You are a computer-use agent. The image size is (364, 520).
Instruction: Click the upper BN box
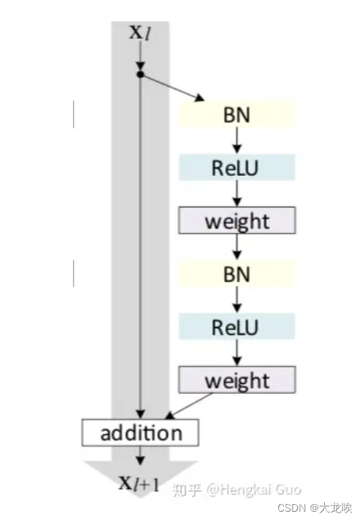tap(237, 115)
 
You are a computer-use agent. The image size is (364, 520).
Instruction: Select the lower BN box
tap(237, 274)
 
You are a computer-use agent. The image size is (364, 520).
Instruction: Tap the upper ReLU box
tap(237, 168)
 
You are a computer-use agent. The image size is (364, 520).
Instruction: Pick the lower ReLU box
tap(237, 327)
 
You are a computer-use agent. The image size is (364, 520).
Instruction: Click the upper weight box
tap(237, 220)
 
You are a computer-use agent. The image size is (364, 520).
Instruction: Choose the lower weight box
tap(237, 379)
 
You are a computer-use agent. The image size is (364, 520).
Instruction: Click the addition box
tap(141, 433)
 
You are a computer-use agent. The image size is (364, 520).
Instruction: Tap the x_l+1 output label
tap(139, 483)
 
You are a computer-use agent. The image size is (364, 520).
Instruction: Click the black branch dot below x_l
tap(141, 74)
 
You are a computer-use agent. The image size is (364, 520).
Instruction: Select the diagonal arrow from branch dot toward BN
tap(172, 87)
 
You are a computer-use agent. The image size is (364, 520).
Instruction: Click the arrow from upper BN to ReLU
tap(237, 141)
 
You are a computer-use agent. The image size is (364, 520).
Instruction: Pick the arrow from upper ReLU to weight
tap(237, 194)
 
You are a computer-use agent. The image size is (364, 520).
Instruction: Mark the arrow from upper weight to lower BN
tap(237, 247)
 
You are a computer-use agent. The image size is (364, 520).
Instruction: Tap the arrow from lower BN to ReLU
tap(237, 300)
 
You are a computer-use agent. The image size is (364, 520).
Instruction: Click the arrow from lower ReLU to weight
tap(237, 353)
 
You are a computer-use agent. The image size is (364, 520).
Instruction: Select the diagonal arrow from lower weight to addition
tap(189, 407)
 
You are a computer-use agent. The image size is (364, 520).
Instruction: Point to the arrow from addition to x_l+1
tap(141, 455)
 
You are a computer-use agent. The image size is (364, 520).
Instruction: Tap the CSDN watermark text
tap(314, 507)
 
